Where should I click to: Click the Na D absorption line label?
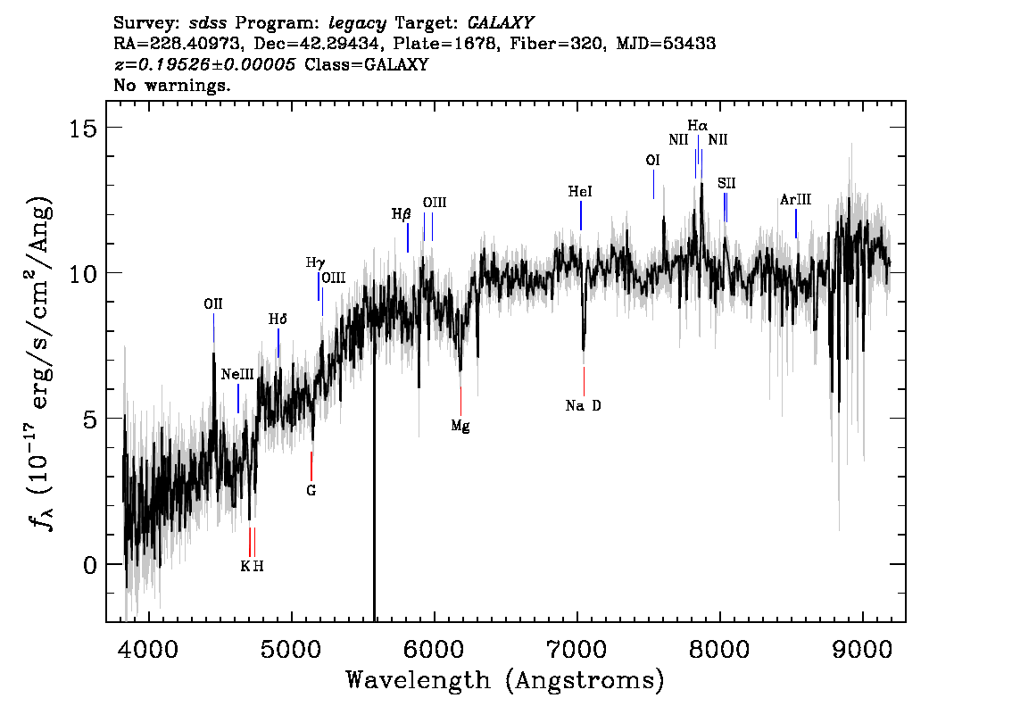584,406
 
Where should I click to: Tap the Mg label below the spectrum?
460,426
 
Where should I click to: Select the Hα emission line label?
698,126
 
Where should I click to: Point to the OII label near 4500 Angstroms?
213,304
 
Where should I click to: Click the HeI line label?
580,192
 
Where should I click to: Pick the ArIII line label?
795,201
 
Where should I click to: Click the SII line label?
726,183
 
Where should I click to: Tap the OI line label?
653,161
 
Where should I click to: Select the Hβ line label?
402,214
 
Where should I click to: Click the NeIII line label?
238,375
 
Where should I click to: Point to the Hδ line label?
278,320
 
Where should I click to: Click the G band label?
311,490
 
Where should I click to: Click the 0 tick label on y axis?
90,565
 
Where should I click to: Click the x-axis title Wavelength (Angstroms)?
505,681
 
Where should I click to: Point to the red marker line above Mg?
460,401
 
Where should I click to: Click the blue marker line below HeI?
581,215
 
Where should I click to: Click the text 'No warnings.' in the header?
173,86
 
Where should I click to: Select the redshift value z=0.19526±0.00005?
205,65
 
